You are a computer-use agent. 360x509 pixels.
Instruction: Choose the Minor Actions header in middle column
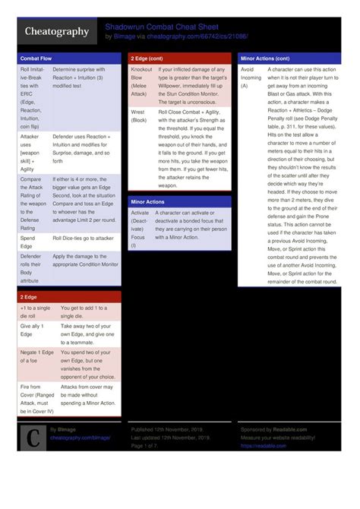click(147, 201)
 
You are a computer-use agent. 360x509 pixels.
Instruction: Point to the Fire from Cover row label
click(36, 399)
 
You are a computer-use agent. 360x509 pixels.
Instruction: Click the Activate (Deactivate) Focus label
click(140, 229)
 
